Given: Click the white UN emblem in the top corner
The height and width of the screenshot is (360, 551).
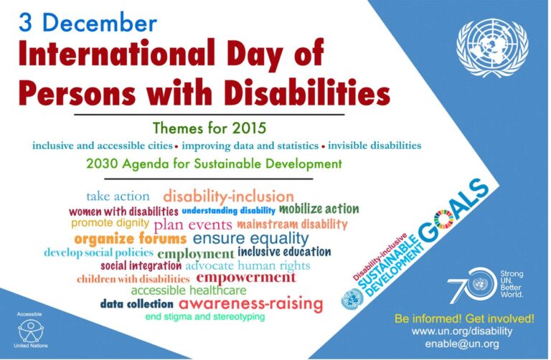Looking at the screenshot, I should [491, 48].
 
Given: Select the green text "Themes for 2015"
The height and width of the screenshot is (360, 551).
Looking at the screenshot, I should [209, 129].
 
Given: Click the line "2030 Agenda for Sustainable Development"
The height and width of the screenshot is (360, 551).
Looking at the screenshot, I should [209, 164].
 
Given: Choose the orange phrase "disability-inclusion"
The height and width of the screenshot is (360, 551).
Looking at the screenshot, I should [228, 196].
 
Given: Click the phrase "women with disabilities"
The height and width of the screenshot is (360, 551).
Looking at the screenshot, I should [123, 212].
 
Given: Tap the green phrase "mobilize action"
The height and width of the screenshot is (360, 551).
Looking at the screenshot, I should [319, 209].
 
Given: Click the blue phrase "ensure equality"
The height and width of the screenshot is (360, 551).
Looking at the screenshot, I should [250, 238].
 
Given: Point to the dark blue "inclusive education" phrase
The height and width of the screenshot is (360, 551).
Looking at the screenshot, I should [284, 252].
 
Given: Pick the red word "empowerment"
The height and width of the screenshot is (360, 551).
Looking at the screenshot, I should [246, 278].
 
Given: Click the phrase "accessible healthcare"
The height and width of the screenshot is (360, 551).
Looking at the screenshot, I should [189, 290].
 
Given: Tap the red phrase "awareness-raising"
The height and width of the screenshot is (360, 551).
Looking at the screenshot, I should [251, 304].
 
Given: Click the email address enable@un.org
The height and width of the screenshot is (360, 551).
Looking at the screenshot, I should [471, 344].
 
